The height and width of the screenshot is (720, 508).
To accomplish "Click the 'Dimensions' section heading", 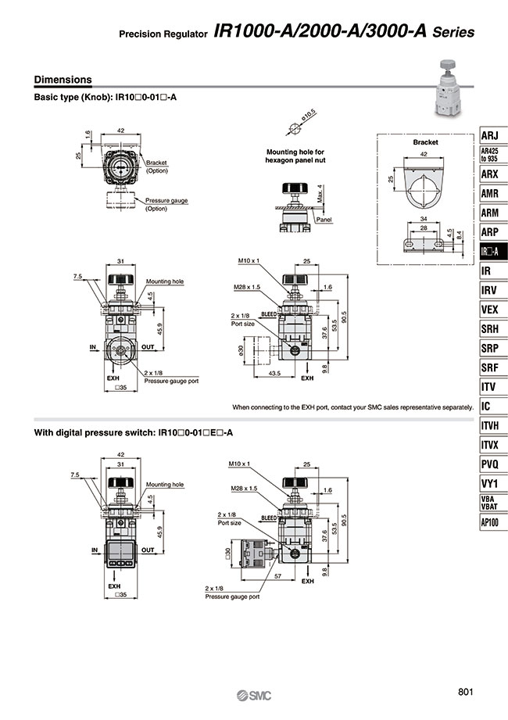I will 63,80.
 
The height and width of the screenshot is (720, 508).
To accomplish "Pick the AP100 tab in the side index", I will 491,522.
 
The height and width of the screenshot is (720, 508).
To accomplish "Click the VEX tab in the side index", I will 490,310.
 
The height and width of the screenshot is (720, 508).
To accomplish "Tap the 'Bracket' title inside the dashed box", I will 425,143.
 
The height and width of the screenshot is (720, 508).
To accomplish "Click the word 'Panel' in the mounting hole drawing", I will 324,220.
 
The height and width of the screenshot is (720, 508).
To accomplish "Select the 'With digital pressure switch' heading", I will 134,432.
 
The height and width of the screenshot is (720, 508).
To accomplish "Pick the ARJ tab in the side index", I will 490,134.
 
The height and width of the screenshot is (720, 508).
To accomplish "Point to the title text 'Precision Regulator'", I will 163,35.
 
